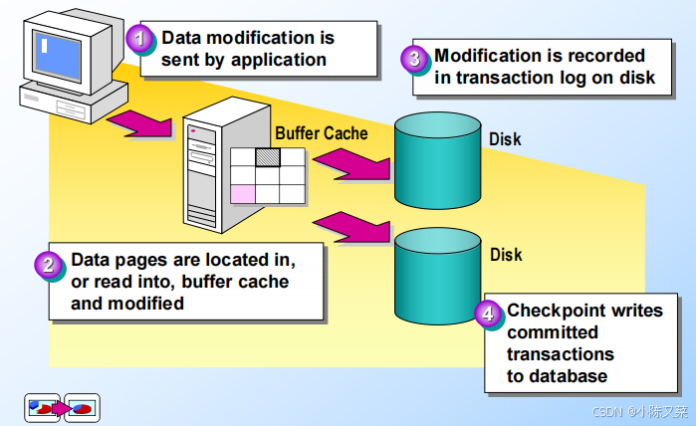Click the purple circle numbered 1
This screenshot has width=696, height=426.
point(139,38)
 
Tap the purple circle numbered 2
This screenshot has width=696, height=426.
point(48,265)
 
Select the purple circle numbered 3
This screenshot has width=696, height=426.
point(413,58)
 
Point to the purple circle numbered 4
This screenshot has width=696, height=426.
point(487,314)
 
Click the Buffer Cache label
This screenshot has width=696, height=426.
point(322,133)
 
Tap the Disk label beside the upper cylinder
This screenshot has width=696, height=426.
point(505,139)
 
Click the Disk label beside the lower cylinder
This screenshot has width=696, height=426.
point(506,255)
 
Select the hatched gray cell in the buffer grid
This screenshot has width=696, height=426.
point(268,157)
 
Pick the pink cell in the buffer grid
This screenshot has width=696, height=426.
point(243,194)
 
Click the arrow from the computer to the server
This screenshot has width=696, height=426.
point(139,123)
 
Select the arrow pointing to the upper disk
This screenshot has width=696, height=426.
point(351,164)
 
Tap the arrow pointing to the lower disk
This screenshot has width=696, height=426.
point(351,228)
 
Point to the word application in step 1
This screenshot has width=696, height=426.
point(279,60)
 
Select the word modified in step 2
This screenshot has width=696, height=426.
point(145,304)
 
